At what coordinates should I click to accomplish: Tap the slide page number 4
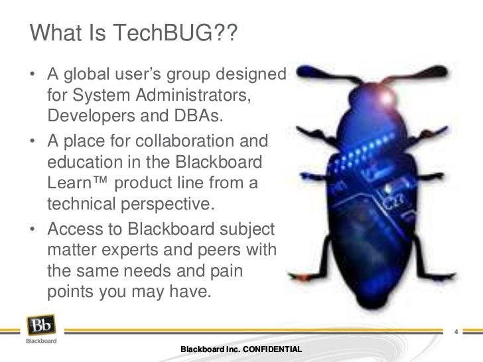(456, 331)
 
